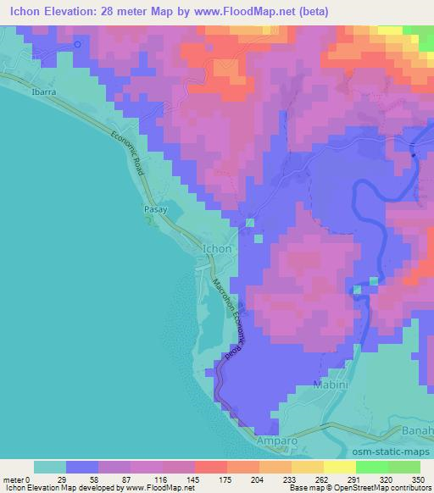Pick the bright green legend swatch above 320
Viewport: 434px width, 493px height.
coord(372,467)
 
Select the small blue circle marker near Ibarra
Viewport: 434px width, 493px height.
coord(78,44)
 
